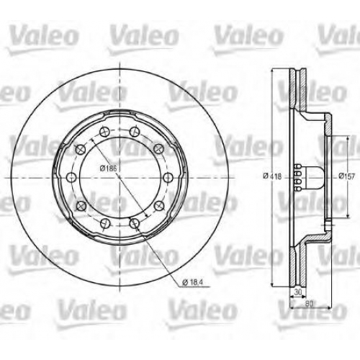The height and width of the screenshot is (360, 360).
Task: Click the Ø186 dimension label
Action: pos(108,168)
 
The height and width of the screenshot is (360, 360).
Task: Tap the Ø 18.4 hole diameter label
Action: pos(192,282)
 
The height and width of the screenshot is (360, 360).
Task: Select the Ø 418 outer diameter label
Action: pos(272,176)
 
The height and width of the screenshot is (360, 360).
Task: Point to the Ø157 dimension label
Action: pos(346,176)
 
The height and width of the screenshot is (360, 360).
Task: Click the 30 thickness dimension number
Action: pos(297,292)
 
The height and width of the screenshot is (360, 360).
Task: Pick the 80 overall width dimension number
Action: pos(310,304)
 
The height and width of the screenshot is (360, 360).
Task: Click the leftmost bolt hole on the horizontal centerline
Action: pos(71,178)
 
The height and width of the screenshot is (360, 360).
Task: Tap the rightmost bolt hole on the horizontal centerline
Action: pos(168,178)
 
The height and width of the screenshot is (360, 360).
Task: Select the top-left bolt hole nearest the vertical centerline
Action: pos(104,132)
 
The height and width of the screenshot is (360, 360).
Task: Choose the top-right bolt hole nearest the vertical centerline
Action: pos(135,132)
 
